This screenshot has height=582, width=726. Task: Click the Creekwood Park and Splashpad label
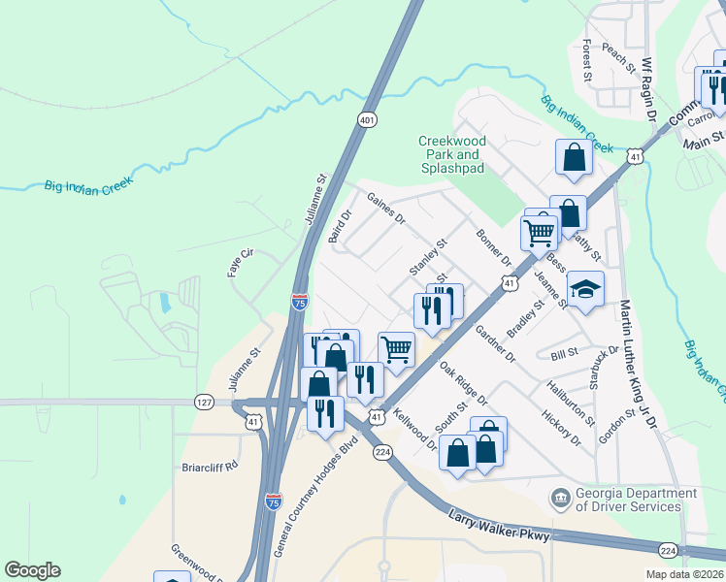point(451,154)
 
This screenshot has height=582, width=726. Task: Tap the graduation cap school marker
point(585,289)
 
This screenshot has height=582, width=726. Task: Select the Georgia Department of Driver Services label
point(636,500)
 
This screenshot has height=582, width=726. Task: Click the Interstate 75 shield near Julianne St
point(299,303)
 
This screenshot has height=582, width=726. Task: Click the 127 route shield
point(204,402)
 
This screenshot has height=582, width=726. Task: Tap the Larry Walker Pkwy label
point(501,531)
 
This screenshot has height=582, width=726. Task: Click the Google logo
point(32,570)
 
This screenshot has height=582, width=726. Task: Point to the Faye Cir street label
point(241,263)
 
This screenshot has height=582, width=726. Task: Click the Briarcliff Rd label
point(210,467)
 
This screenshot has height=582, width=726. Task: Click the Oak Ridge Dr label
point(463,383)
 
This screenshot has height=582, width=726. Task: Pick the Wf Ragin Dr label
point(650,88)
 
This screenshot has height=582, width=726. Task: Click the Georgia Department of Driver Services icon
point(560,500)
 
